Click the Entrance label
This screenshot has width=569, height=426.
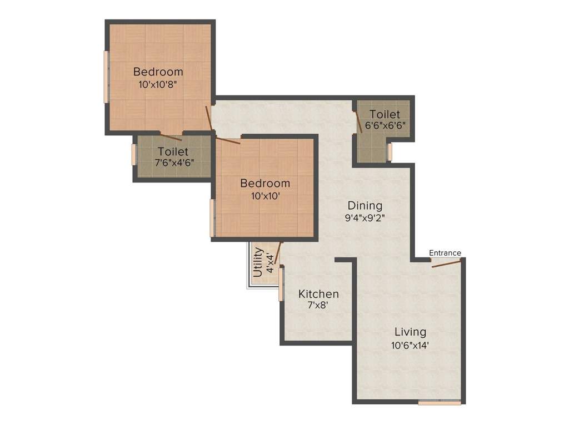click(445, 253)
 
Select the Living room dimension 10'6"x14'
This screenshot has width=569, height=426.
click(410, 345)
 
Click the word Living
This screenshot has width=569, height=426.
click(410, 332)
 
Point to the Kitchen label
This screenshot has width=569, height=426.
click(318, 294)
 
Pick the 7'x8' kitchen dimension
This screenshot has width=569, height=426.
click(318, 305)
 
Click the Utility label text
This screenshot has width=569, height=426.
click(258, 262)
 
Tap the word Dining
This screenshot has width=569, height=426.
click(365, 205)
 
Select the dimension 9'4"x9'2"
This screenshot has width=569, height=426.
click(365, 217)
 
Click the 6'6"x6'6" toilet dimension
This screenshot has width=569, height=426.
click(385, 125)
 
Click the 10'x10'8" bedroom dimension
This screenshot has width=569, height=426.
click(158, 84)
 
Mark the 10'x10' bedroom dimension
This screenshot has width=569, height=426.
click(264, 195)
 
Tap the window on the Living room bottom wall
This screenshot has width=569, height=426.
click(440, 403)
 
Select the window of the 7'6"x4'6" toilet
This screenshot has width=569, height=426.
click(134, 154)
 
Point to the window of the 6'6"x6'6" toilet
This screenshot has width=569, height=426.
click(390, 151)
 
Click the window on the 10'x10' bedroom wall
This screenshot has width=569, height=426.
click(212, 218)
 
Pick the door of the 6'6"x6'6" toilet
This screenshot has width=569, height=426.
click(359, 120)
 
